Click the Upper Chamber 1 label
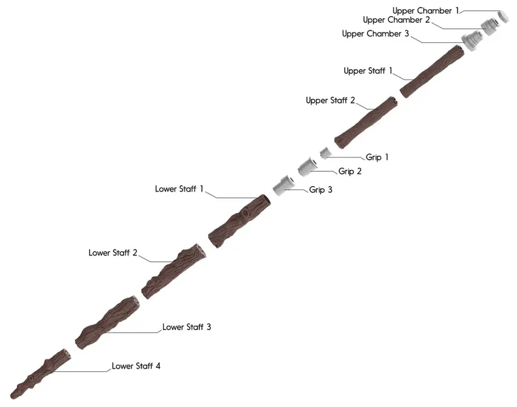(x=426, y=10)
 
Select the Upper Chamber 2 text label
(x=396, y=20)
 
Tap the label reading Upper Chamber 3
(x=371, y=34)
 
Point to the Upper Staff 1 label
(x=368, y=71)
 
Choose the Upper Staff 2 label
(x=331, y=101)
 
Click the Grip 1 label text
(x=377, y=158)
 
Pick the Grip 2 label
(x=350, y=172)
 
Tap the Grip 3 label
(x=321, y=190)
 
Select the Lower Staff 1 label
(x=179, y=189)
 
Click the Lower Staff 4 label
(x=136, y=366)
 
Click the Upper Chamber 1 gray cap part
(x=503, y=16)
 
